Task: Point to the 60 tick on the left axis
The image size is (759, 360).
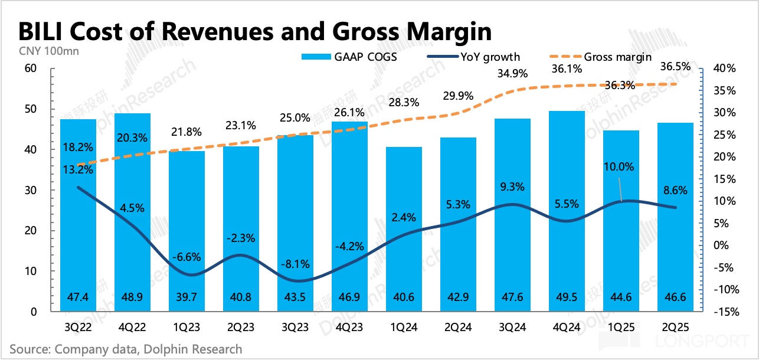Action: tap(30, 68)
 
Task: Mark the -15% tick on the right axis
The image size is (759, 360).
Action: tap(725, 312)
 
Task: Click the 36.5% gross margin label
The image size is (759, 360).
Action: tap(674, 67)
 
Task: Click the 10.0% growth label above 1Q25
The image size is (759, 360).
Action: tap(619, 167)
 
